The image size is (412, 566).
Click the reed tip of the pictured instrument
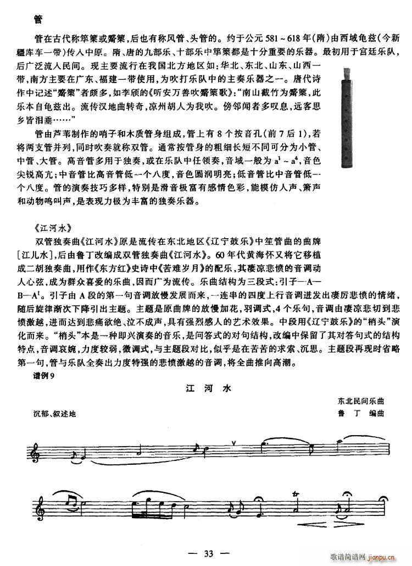pos(347,73)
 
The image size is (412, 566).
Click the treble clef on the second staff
pos(39,505)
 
